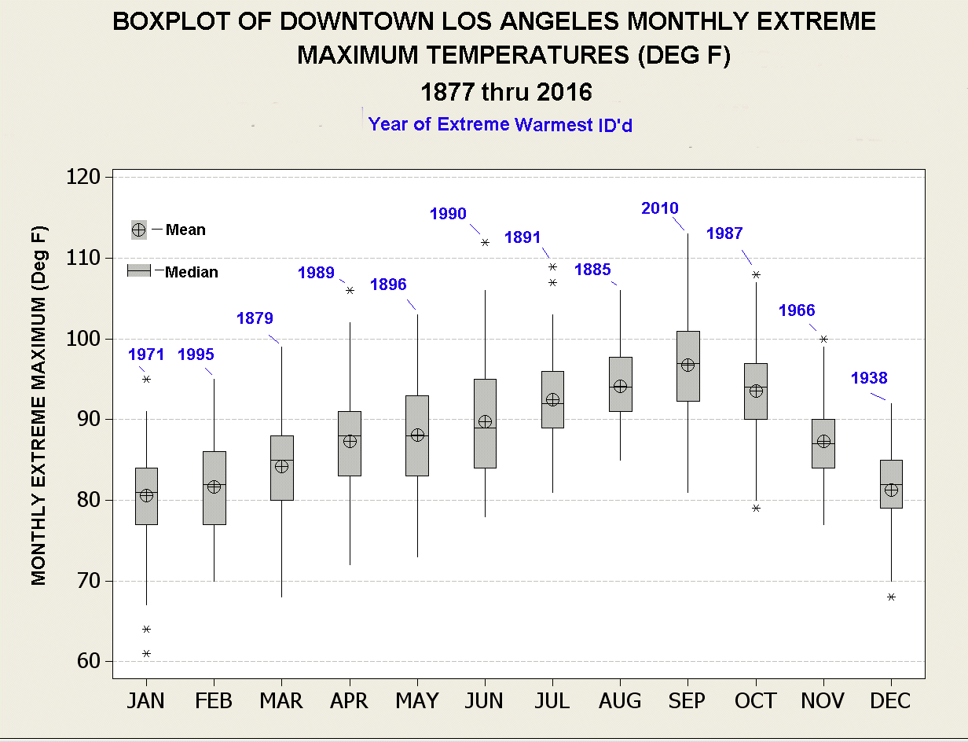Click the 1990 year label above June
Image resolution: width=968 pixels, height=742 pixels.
[x=448, y=214]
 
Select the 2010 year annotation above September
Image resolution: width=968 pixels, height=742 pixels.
[x=660, y=208]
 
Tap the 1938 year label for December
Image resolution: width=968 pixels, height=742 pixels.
[x=869, y=378]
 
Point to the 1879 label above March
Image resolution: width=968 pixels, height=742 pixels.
[x=255, y=318]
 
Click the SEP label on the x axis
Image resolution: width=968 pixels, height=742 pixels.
[x=687, y=700]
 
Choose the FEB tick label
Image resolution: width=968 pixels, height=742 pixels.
[x=214, y=700]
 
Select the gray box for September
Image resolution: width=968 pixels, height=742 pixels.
[x=688, y=366]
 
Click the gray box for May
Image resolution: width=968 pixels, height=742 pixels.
[x=417, y=435]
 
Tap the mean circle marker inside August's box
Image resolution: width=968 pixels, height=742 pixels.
[x=621, y=386]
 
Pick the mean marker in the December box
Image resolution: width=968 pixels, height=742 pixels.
[x=891, y=490]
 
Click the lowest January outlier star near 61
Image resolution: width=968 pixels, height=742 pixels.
[x=146, y=653]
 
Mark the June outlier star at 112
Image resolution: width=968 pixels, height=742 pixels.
[x=485, y=242]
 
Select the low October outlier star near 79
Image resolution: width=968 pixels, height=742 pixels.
[x=756, y=508]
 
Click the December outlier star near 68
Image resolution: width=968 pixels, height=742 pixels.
[x=891, y=597]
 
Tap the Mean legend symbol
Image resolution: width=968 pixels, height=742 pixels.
[x=138, y=230]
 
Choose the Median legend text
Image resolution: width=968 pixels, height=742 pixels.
[x=192, y=272]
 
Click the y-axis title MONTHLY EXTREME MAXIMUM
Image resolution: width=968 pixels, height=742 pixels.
[x=39, y=406]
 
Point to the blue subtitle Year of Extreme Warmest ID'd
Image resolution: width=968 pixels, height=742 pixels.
[x=500, y=124]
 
